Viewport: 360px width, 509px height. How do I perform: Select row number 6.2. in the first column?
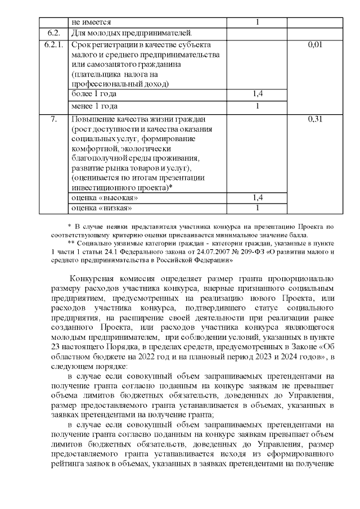click(52, 33)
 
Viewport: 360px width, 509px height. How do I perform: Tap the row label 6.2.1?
click(52, 44)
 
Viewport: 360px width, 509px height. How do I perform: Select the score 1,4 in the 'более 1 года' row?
click(258, 94)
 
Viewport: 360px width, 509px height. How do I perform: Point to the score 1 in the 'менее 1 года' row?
click(258, 106)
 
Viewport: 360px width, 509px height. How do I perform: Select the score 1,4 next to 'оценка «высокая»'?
click(258, 198)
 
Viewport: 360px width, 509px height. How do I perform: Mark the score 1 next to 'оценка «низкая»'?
click(258, 209)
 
